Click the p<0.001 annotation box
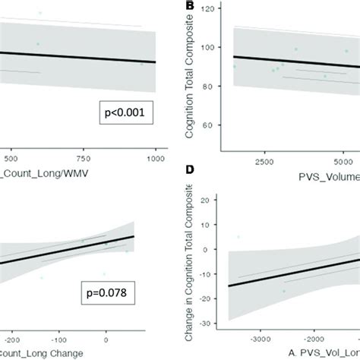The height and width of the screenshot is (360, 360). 127,115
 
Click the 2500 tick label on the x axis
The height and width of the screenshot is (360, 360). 264,163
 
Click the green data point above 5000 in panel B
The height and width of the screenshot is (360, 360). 346,51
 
